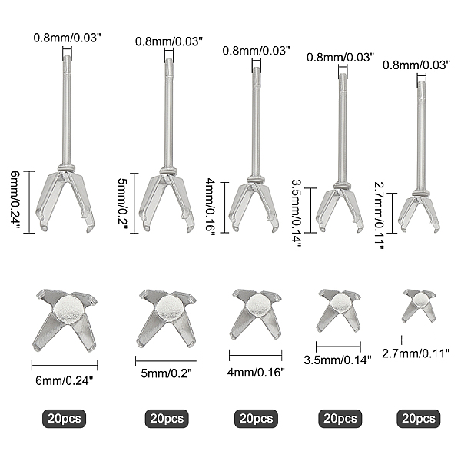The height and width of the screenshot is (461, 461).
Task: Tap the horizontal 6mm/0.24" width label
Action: [64, 381]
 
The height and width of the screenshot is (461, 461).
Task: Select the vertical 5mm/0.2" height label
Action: [122, 203]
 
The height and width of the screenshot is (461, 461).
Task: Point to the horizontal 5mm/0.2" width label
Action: [166, 373]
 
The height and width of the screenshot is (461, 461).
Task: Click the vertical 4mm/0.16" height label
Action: [211, 207]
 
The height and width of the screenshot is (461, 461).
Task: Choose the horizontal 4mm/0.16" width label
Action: [256, 372]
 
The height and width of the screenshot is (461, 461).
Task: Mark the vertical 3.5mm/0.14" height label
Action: [296, 214]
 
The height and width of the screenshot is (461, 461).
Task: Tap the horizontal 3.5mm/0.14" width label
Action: [337, 360]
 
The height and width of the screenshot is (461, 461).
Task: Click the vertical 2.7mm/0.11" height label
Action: [380, 215]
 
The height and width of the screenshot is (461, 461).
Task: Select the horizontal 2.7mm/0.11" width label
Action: [416, 353]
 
